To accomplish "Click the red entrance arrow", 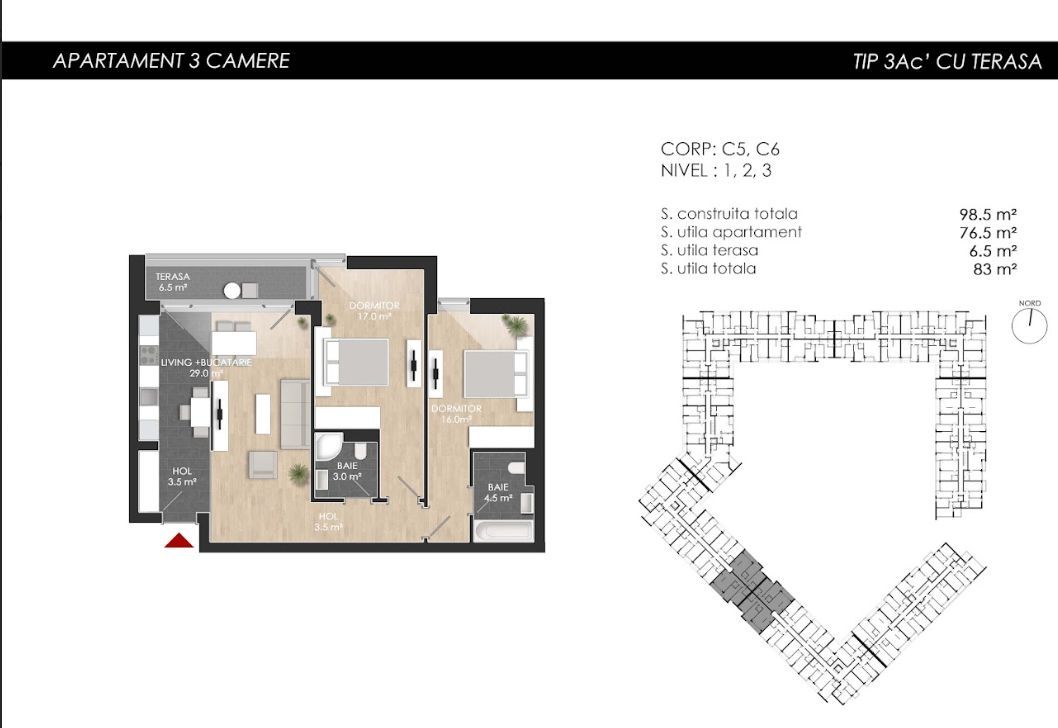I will coord(178,541).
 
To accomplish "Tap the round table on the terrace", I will coord(232,291).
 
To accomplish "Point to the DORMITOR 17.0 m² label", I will coord(374,310).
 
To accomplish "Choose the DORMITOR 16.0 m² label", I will coord(456,414).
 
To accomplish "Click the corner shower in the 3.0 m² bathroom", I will coord(327,447).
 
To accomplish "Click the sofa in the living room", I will coord(294,413).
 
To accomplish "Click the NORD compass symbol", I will coord(1028,325).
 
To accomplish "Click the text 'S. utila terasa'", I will coord(709,250).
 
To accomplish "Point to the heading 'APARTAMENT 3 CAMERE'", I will coord(171,61).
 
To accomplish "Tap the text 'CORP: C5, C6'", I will coord(720,149).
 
